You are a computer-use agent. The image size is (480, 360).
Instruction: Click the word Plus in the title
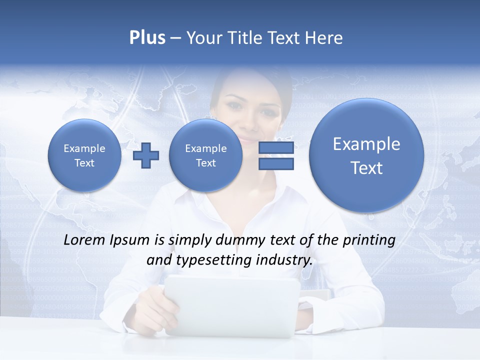tap(147, 38)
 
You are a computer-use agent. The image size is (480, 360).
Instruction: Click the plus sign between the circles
tap(146, 155)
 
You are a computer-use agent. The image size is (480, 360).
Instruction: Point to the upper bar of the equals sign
tap(276, 147)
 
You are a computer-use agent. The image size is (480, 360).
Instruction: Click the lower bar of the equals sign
tap(276, 163)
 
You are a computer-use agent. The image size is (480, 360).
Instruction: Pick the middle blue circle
tap(205, 155)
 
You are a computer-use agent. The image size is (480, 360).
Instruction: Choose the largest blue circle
tap(366, 155)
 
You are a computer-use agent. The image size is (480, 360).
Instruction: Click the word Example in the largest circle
tap(366, 144)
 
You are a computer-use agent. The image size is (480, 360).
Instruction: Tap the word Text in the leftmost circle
tap(84, 163)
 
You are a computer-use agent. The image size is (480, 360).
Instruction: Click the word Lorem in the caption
tap(84, 240)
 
